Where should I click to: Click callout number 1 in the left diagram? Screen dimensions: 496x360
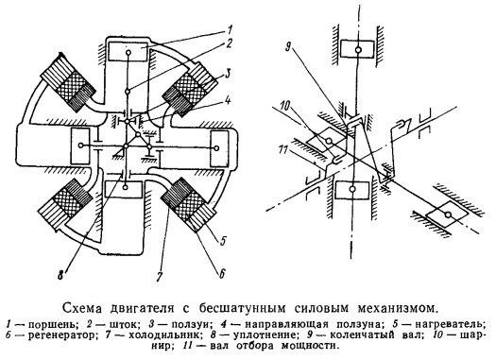point(230,30)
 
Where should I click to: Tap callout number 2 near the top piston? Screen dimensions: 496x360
point(229,44)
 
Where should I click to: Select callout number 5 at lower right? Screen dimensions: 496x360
point(223,241)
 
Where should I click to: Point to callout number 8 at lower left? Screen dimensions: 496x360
point(60,275)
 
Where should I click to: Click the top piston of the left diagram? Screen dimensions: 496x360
point(128,52)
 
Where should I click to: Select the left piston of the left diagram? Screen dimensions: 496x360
point(80,146)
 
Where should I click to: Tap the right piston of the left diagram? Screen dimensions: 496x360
point(219,148)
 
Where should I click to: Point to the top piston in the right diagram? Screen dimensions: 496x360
point(358,48)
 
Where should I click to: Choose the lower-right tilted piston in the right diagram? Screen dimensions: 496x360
point(447,214)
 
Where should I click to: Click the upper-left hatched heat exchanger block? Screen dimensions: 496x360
point(67,83)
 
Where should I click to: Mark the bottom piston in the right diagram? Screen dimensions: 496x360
point(352,189)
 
